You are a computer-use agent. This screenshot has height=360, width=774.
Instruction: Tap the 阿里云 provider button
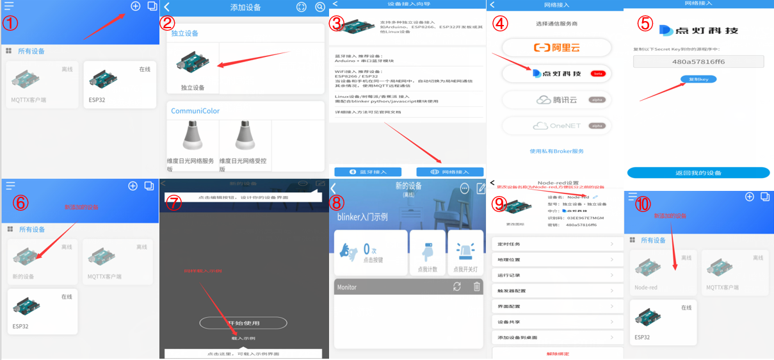tap(556, 47)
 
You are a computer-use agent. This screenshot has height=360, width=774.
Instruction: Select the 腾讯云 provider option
tap(556, 99)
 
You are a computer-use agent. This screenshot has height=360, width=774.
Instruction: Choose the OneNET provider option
tap(556, 126)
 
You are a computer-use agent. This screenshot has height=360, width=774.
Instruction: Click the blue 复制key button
tap(698, 79)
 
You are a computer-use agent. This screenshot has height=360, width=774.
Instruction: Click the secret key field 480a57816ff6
tap(698, 61)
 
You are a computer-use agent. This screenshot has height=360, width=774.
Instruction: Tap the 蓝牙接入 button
tap(367, 172)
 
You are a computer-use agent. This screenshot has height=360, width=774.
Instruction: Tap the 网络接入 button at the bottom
tap(449, 172)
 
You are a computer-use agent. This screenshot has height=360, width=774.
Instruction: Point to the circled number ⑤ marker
tap(645, 23)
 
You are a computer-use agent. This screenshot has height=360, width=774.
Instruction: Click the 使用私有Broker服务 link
tap(556, 151)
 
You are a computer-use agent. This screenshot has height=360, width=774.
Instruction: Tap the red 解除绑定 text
tap(557, 354)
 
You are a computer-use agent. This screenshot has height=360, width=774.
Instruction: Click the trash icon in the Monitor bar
tap(476, 287)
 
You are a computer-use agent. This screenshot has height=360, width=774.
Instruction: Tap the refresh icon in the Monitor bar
tap(457, 287)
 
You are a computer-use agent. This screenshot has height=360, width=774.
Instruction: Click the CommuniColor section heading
tap(195, 111)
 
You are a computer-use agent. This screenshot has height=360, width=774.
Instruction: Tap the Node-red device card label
tap(646, 288)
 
